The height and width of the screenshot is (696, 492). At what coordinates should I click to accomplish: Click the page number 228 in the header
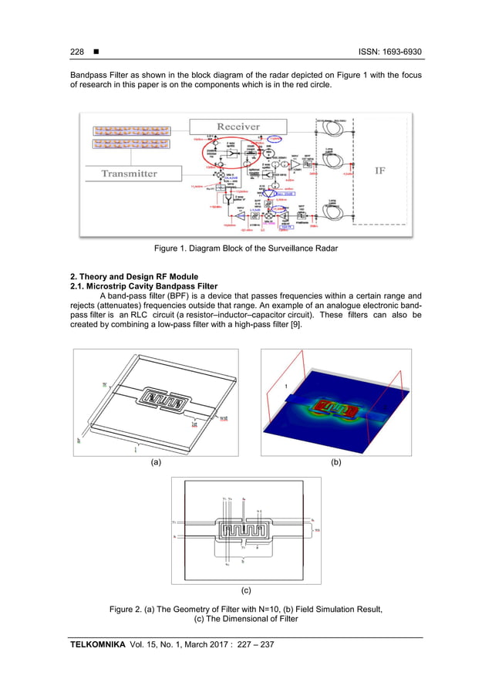point(76,52)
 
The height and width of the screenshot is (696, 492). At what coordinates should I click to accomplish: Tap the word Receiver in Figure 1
point(238,126)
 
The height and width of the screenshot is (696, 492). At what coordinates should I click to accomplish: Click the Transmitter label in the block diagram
point(129,174)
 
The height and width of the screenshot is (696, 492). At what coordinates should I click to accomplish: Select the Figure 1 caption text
point(246,249)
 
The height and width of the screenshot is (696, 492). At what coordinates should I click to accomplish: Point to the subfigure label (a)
point(156,463)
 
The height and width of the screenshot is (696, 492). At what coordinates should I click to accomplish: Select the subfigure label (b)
point(335,463)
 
